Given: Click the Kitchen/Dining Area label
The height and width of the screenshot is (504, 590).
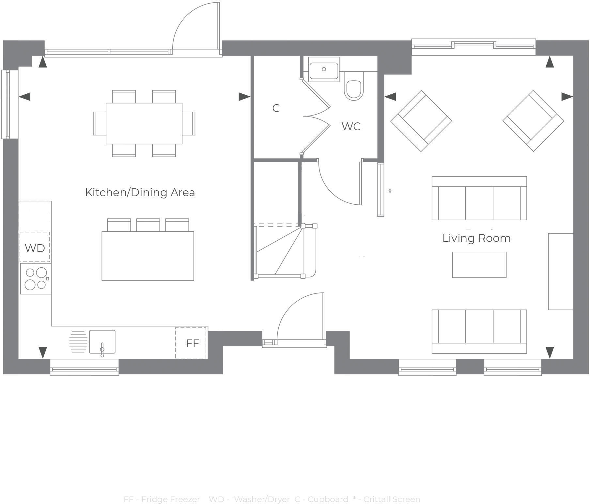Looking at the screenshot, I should [x=140, y=193].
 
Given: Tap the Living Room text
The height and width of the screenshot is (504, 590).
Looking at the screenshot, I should [x=476, y=238].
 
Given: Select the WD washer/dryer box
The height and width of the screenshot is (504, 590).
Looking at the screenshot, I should [x=35, y=247].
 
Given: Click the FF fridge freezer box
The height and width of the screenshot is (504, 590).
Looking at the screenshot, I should [x=191, y=343].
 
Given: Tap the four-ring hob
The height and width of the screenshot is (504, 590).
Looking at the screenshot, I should [x=36, y=279].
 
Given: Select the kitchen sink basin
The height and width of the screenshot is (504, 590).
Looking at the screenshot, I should [x=102, y=341].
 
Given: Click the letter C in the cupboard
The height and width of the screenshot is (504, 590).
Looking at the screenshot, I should [x=276, y=108].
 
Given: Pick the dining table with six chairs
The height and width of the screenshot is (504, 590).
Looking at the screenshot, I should [x=144, y=123].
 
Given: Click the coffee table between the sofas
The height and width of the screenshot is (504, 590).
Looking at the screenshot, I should [x=479, y=265].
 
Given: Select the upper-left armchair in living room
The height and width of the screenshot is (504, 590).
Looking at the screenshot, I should [x=421, y=121].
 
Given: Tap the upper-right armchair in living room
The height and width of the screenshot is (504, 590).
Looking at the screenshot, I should [x=533, y=121].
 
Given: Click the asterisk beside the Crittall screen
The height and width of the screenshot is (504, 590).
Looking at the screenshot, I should [x=390, y=191].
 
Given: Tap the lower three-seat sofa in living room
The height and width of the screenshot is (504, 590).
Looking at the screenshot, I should [x=479, y=331].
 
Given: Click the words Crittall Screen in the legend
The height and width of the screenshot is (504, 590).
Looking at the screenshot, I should [x=392, y=499].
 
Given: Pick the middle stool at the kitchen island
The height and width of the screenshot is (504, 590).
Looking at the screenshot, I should [x=148, y=225].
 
